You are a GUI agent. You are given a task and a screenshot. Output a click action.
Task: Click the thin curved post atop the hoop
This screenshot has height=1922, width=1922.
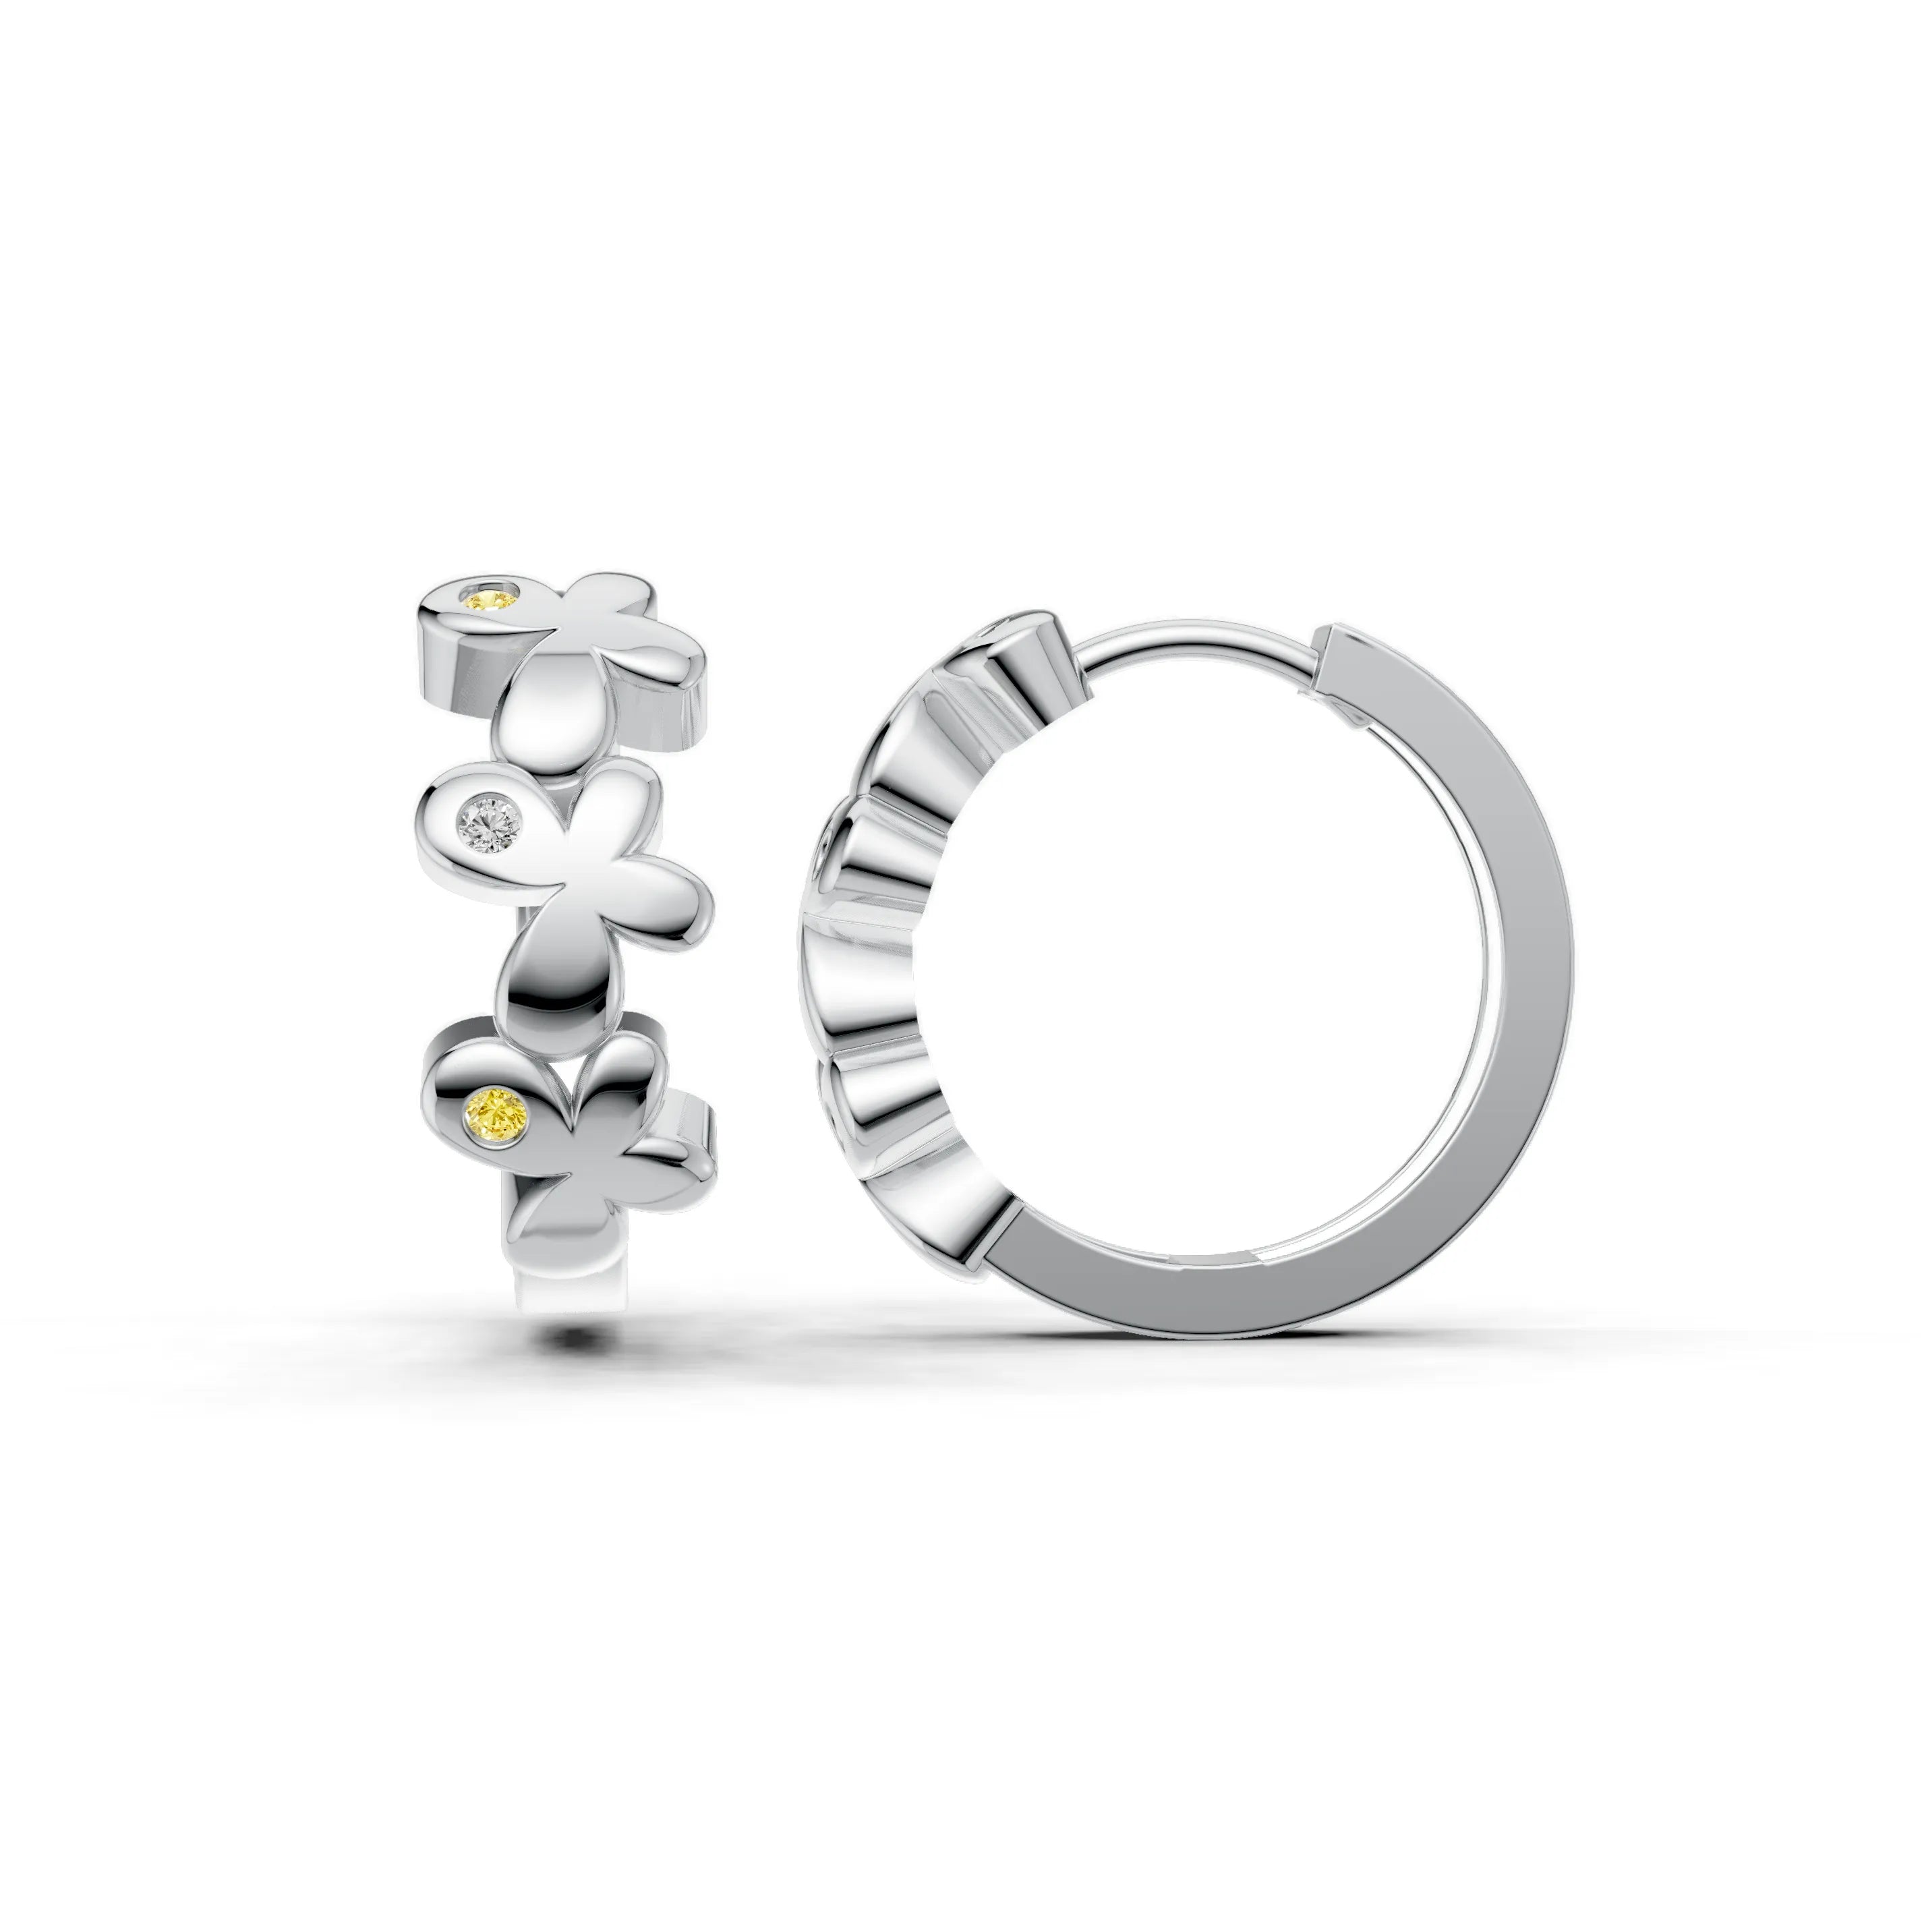pyautogui.click(x=1194, y=647)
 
